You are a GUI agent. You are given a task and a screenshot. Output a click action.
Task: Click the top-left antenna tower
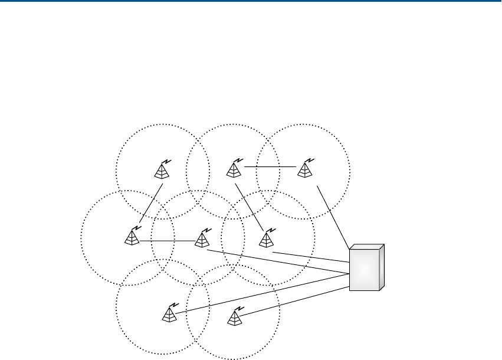[x=162, y=171]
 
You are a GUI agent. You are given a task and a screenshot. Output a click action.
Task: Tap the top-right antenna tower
[x=305, y=170]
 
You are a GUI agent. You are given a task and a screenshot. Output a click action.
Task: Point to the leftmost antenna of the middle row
[x=132, y=237]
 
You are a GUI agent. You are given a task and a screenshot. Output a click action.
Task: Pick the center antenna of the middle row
[x=202, y=239]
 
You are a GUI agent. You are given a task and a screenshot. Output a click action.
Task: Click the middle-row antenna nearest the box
[x=267, y=239]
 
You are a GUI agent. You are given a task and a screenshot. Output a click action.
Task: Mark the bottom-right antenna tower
[x=235, y=318]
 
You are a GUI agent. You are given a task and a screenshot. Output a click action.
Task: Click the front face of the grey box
[x=363, y=269]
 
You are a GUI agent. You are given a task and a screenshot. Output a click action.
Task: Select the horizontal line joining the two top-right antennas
[x=270, y=167]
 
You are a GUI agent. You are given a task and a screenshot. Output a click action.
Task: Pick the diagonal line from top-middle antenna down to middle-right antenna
[x=250, y=206]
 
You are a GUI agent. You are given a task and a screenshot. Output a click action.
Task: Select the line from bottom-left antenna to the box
[x=260, y=293]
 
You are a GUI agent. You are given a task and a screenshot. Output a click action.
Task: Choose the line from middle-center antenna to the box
[x=277, y=261]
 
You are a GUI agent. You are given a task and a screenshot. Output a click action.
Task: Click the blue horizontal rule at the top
[x=251, y=1]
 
